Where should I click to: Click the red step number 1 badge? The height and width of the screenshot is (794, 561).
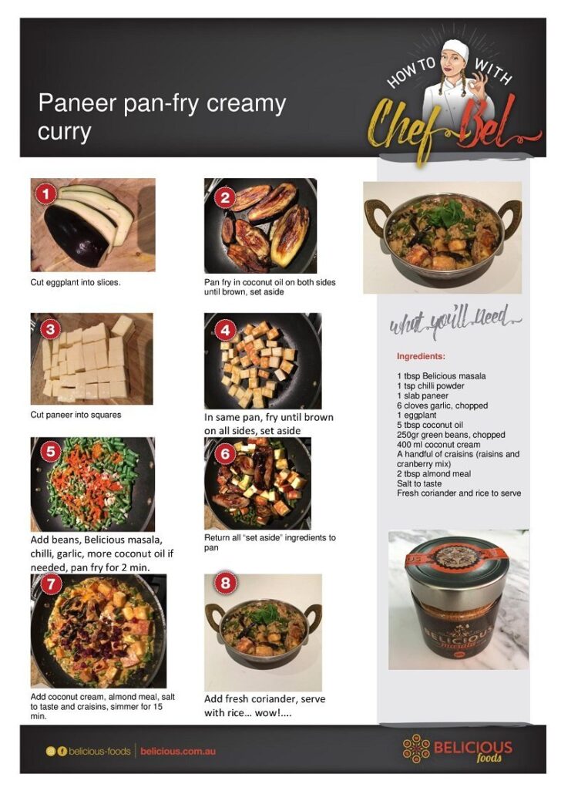coord(46,194)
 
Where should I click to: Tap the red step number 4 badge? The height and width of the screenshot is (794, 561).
coord(225,331)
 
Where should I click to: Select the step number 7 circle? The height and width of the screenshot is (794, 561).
coord(51,584)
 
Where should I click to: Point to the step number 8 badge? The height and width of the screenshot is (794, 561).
coord(225,583)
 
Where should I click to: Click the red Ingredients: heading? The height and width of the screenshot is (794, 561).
coord(421,356)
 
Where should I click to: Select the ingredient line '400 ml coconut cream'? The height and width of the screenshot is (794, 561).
coord(438,444)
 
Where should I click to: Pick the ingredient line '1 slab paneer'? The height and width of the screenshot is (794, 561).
coord(422,395)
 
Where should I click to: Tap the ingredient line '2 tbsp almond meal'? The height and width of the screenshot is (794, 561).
coord(433,473)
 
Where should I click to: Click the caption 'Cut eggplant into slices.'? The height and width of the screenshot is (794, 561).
coord(76,282)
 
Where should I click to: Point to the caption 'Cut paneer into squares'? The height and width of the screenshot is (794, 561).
coord(76,414)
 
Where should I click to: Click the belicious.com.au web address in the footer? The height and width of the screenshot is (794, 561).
coord(178,751)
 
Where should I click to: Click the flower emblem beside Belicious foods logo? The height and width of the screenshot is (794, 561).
coord(415,749)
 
